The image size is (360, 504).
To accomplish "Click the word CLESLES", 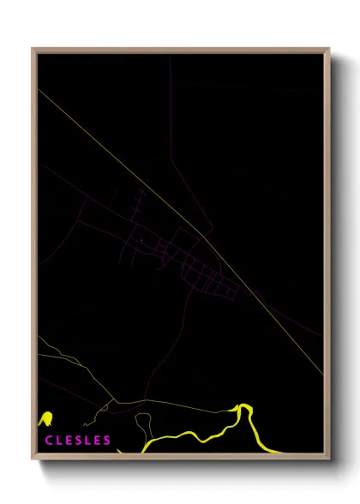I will click(77, 441).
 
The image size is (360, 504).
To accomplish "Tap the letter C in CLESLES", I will click(47, 441).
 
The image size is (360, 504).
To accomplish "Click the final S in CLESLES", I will click(107, 441).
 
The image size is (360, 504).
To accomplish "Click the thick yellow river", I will click(197, 429).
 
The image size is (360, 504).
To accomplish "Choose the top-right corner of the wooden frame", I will click(328, 50).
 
